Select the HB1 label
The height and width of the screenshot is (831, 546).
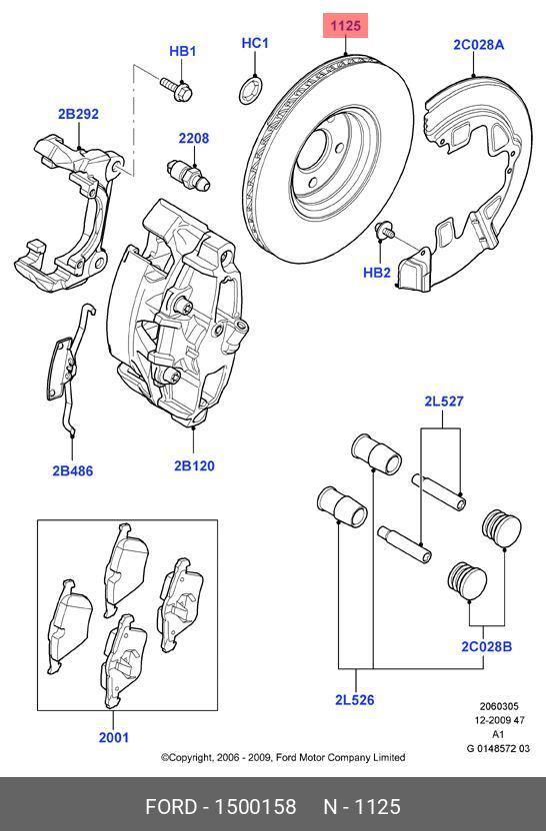pos(183,51)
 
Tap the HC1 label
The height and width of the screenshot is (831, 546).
pos(255,43)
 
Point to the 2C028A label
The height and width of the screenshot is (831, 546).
pos(478,44)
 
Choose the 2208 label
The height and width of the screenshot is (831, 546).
pos(194,138)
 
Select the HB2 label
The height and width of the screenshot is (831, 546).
pos(377,271)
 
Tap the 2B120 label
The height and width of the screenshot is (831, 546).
pos(194,465)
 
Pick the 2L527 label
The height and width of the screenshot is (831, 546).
pos(443,402)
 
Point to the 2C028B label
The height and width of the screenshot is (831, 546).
pos(486,646)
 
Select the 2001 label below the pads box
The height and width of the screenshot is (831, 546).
pos(113,738)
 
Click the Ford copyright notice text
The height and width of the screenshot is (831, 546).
pos(283,758)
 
